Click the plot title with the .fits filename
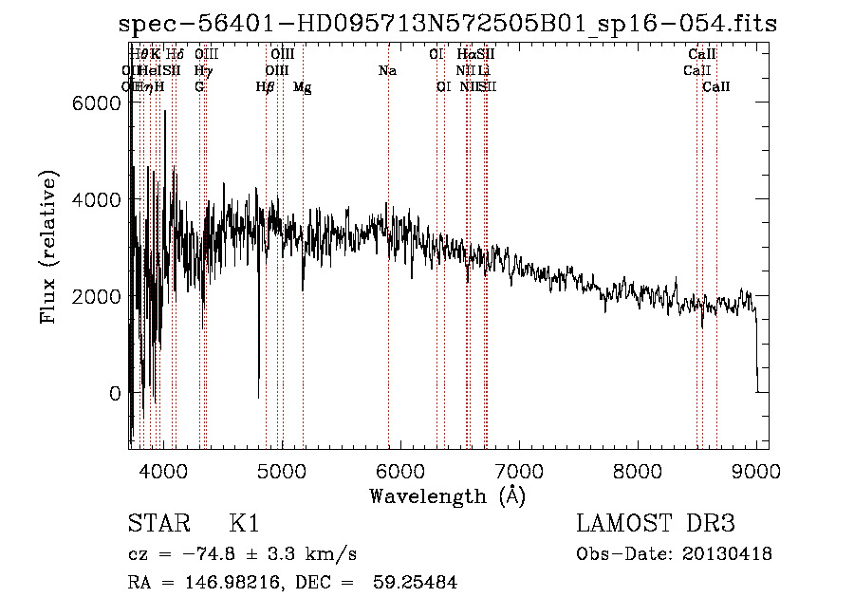[x=448, y=24]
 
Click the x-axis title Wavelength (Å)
[x=447, y=495]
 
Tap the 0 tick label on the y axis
[x=115, y=393]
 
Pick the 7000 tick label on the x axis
[x=519, y=469]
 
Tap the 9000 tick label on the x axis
[x=756, y=469]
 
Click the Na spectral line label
[x=387, y=71]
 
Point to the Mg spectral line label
[x=302, y=87]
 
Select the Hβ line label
[x=266, y=87]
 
